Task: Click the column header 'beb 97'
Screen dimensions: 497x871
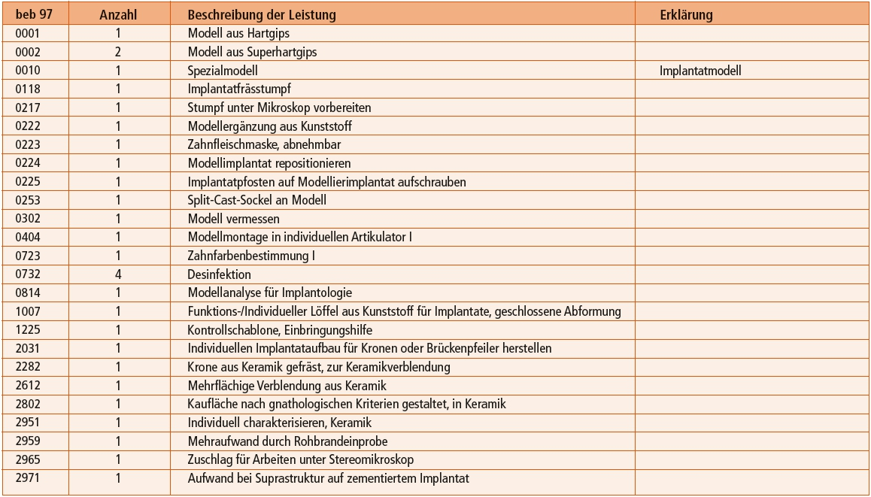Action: (32, 14)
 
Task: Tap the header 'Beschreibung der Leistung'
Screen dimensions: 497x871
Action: (261, 14)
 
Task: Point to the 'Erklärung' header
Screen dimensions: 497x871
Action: (686, 14)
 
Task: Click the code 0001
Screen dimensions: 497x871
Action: (27, 33)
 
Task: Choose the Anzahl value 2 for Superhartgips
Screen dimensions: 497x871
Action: (118, 52)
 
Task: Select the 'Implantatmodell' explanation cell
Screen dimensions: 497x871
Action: (700, 71)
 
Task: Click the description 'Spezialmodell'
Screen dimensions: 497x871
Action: (222, 71)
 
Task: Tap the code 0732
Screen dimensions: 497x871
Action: (27, 274)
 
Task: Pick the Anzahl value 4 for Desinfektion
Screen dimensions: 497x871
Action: (118, 274)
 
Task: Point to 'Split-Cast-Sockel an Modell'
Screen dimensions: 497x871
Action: (256, 200)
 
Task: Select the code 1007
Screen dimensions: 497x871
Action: (27, 311)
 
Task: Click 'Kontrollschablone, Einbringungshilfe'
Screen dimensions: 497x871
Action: (279, 329)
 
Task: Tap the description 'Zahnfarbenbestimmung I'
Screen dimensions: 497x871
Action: (250, 256)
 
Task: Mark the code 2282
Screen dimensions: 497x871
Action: (27, 367)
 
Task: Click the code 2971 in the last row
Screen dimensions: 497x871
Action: (27, 478)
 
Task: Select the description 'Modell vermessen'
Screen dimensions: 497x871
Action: (233, 219)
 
